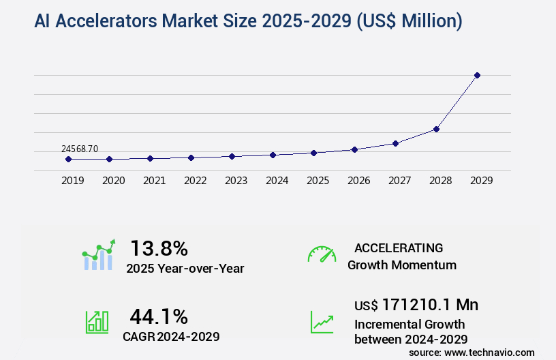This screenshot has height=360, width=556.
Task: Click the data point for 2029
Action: pos(477,75)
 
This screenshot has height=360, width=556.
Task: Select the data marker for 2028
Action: pos(436,129)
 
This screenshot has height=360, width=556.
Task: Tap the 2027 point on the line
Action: pos(395,143)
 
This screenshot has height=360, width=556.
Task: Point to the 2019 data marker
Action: pos(68,159)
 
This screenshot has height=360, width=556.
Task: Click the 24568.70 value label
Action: pos(80,148)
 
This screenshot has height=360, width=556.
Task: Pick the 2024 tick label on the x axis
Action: pos(277,181)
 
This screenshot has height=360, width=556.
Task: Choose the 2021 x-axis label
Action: pos(154,181)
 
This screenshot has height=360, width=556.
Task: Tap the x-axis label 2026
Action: pos(358,181)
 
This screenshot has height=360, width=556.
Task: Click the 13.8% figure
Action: pos(159,248)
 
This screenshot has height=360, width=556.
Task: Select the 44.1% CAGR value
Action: pos(159,316)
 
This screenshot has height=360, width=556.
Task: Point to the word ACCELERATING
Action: pos(399,247)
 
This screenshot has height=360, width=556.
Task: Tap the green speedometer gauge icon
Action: pos(322,254)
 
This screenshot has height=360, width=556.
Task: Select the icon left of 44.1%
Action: pos(97,322)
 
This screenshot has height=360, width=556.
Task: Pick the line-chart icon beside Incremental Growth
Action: pos(322,322)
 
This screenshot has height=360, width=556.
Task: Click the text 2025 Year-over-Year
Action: pos(185,268)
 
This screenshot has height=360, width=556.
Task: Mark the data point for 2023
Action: pos(232,156)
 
